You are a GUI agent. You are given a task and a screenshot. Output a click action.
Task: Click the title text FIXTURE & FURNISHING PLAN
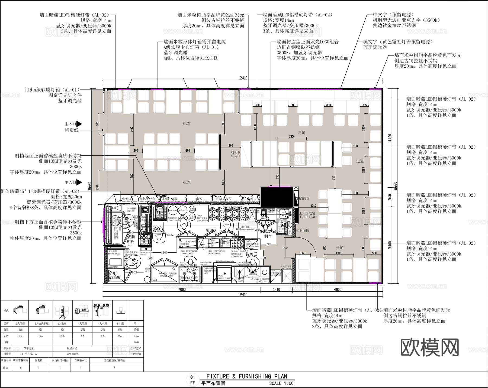[x=247, y=376]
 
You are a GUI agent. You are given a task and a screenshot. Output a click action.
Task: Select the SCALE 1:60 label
[x=281, y=383]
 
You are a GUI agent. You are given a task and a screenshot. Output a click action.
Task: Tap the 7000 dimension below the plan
[x=182, y=289]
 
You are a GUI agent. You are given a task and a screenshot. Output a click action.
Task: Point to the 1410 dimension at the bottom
[x=277, y=289]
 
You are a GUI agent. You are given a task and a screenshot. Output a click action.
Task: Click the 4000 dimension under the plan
[x=338, y=289]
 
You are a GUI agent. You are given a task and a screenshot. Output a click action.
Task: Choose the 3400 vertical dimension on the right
[x=390, y=245]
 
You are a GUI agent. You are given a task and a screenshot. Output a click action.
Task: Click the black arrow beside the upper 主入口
[x=79, y=124]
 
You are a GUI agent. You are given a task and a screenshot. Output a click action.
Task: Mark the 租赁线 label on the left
[x=72, y=130]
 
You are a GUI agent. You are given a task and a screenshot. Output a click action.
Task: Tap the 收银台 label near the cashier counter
[x=236, y=152]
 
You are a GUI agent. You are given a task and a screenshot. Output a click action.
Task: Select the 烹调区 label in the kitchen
[x=211, y=230]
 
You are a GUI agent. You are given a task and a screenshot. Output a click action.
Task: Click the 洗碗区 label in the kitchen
[x=251, y=254]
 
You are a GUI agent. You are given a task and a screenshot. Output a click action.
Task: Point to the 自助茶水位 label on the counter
[x=223, y=199]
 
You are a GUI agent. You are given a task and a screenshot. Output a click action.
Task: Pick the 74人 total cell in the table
[x=136, y=336]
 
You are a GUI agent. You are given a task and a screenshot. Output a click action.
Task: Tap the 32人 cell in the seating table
[x=62, y=336]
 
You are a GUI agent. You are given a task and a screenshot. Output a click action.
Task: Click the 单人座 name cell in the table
[x=120, y=323]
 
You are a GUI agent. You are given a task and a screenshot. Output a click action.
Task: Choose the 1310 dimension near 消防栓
[x=313, y=206]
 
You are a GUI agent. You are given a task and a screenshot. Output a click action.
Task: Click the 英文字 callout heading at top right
[x=370, y=42]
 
